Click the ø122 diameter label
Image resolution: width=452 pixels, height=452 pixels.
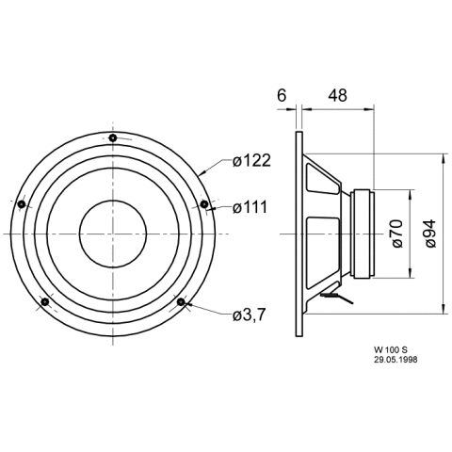[x=251, y=161]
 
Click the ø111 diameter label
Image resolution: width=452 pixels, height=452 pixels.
[x=250, y=207]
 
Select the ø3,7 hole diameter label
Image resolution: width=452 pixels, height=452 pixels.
[x=250, y=315]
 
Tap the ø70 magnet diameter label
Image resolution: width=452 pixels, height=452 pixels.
[x=397, y=234]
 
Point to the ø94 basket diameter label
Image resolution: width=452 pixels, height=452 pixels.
[x=430, y=234]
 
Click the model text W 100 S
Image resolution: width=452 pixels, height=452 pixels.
[x=390, y=349]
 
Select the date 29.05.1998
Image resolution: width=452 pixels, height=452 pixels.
[x=395, y=360]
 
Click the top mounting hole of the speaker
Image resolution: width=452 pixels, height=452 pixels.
[x=113, y=137]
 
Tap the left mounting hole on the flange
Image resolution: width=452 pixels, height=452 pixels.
[x=22, y=204]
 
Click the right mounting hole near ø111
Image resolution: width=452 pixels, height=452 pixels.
[x=204, y=204]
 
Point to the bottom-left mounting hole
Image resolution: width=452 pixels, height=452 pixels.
[x=45, y=302]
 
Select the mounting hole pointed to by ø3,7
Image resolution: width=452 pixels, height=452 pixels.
[x=181, y=302]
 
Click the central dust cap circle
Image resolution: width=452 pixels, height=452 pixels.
[x=113, y=234]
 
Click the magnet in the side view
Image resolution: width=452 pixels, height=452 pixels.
[x=363, y=234]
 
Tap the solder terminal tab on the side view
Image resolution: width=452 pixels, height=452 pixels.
[x=337, y=297]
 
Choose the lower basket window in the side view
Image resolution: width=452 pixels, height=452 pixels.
[x=323, y=253]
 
